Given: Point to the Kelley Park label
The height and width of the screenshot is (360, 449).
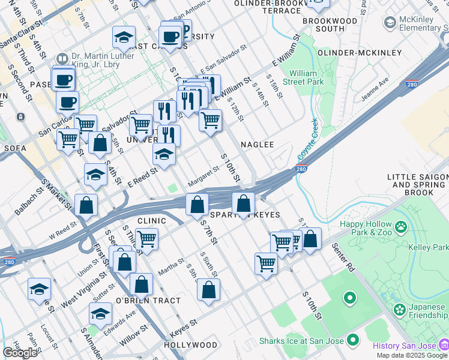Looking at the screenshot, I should coord(432,247).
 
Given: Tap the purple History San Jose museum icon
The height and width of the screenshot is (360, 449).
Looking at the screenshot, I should coord(444,346).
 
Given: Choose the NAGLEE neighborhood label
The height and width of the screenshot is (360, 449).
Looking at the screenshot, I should coord(258,145).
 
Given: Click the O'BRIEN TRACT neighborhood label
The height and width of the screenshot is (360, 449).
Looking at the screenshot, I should coord(148,301).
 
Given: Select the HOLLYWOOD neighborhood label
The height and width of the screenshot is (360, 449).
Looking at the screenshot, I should coord(190,345).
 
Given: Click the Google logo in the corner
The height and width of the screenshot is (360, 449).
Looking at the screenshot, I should coord(20,353).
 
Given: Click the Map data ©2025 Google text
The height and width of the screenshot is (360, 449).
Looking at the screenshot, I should coord(412,355).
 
